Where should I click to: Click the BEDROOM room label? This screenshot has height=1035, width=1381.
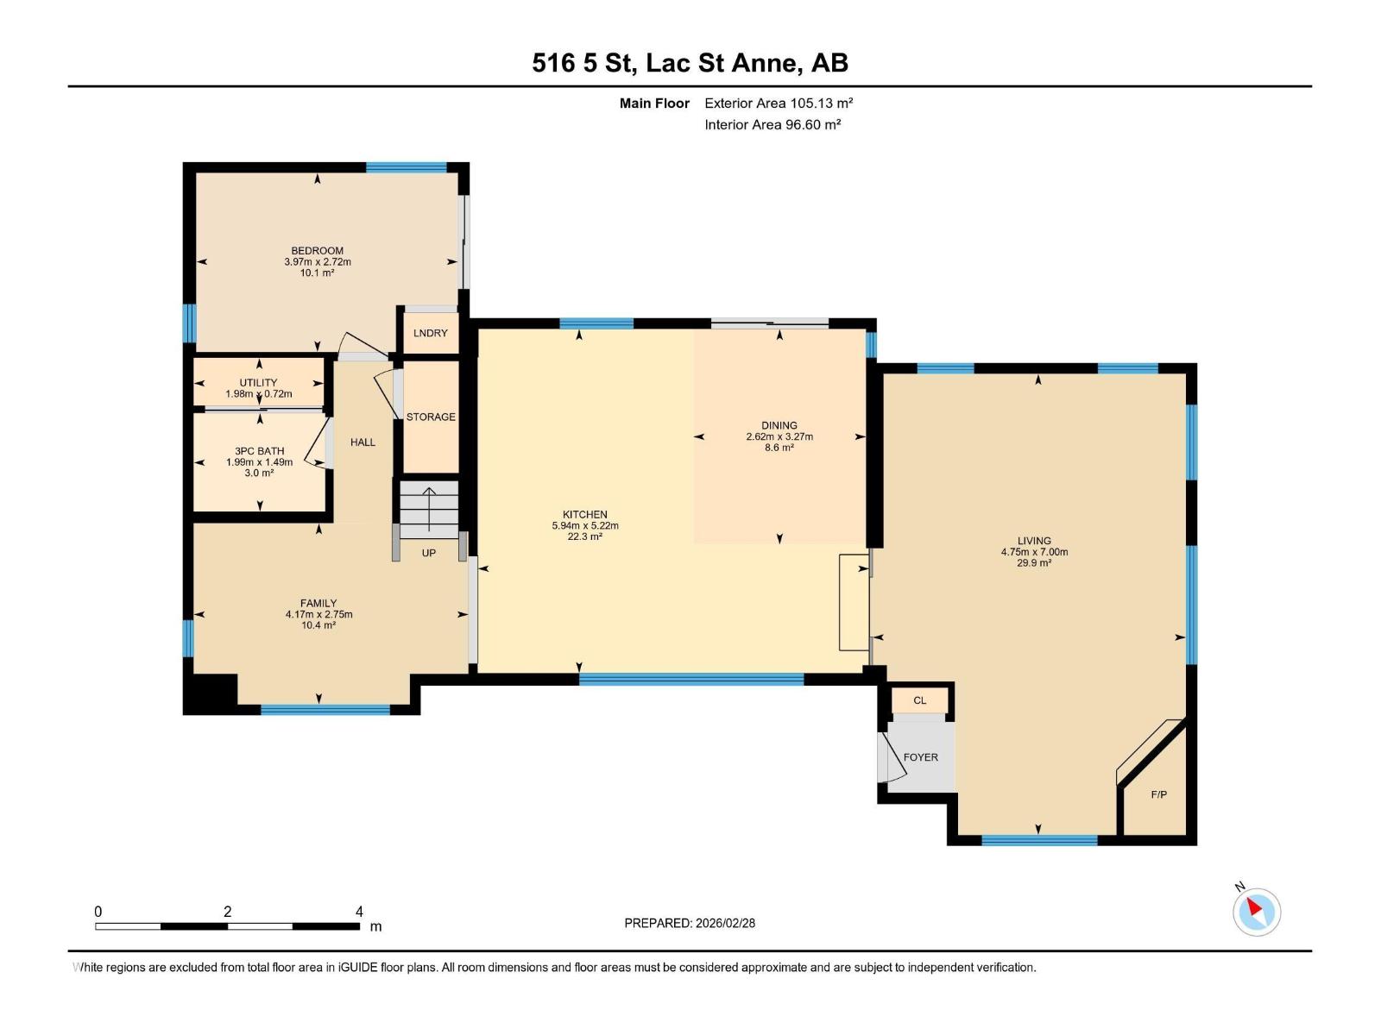point(317,251)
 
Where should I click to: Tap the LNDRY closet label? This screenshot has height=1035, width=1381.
point(430,333)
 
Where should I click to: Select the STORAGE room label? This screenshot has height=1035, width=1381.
point(431,417)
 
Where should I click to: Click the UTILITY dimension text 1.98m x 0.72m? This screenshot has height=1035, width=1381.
point(259,394)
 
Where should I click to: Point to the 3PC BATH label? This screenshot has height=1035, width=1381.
point(259,451)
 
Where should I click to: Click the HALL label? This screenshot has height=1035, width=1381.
point(363,442)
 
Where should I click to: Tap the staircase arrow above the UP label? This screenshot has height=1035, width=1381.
point(429,509)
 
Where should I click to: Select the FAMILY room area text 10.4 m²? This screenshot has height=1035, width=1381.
point(318,625)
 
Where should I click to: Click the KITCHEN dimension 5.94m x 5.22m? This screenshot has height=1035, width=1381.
point(585,525)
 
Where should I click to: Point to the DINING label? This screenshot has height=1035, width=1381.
point(779,425)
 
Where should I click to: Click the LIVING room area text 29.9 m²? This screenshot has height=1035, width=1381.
point(1034,563)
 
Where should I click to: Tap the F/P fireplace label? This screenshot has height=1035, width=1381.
point(1158,794)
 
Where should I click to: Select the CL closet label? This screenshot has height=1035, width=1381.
point(919,700)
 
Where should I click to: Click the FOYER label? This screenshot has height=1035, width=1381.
point(920,757)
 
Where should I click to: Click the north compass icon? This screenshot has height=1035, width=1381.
point(1256,911)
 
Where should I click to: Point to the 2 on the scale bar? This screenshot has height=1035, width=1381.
point(227,912)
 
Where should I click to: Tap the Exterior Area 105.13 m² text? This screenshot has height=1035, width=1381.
point(778,103)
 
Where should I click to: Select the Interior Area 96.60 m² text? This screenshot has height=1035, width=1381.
point(772,124)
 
